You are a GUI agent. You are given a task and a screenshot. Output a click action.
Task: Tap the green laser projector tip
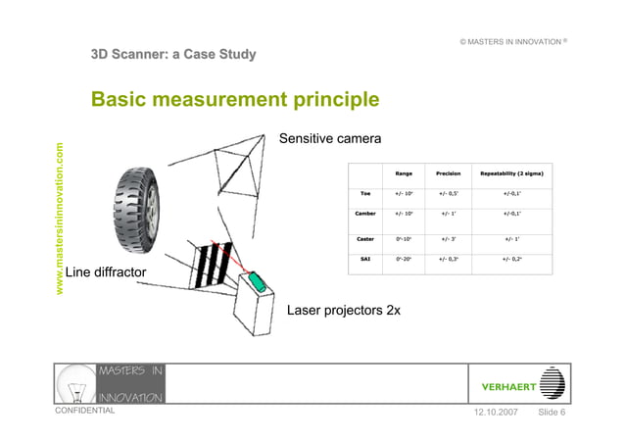(257, 281)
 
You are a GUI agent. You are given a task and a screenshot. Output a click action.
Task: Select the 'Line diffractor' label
(108, 271)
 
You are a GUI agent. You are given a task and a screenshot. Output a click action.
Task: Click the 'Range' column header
(403, 174)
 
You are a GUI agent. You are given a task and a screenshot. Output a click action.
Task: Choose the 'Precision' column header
(450, 174)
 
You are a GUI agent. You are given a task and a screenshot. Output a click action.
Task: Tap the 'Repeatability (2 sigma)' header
(511, 174)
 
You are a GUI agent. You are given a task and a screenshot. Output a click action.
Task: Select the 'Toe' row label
(364, 194)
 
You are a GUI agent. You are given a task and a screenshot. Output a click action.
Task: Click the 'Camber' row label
(364, 213)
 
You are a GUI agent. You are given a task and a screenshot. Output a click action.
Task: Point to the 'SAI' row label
(364, 259)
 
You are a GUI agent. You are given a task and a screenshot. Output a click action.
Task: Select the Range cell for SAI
(403, 259)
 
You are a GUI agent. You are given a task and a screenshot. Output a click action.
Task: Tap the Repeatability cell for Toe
(511, 194)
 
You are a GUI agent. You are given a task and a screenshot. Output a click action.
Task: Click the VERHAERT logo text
(508, 386)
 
